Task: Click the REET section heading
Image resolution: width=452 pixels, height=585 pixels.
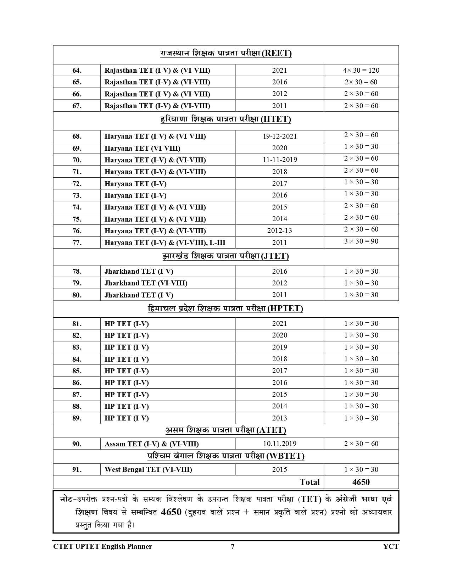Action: (226, 54)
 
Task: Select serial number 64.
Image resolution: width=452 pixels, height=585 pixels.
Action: (77, 70)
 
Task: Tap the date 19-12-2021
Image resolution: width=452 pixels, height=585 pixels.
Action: (280, 136)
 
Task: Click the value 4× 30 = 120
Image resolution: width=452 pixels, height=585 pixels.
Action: (361, 70)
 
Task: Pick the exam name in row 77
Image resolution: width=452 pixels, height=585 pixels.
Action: (165, 243)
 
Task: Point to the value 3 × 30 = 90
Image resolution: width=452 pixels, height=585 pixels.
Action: (361, 241)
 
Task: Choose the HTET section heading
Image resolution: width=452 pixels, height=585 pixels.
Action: (226, 119)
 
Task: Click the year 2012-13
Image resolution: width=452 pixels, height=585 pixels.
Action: (280, 230)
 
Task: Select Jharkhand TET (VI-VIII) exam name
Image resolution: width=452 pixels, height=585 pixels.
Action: (146, 283)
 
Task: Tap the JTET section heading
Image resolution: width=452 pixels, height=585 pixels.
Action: (226, 256)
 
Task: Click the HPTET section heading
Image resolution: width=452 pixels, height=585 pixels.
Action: (225, 308)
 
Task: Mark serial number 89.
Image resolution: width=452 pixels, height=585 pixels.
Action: (77, 418)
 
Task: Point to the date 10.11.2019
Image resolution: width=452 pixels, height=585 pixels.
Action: (280, 444)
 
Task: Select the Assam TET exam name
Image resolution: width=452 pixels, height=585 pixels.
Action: (151, 444)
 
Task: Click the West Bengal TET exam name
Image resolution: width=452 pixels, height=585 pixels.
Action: (148, 469)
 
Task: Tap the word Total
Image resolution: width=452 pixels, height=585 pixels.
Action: (309, 482)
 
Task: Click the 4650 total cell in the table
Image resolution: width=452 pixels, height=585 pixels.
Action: (361, 482)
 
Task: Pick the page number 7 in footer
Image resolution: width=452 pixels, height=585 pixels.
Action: (233, 546)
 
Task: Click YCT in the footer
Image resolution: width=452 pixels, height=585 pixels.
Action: (391, 546)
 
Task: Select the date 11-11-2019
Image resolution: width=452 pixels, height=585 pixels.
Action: (280, 160)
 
